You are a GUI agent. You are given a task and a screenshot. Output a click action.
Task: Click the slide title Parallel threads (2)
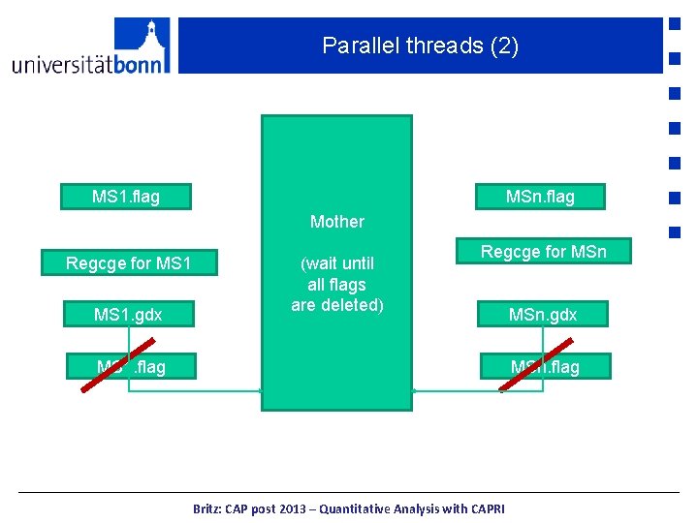point(420,46)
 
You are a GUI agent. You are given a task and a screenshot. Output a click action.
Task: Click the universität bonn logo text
point(90,64)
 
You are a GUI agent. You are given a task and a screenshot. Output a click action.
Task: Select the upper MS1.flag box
point(125,197)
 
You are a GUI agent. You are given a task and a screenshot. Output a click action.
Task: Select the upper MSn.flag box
point(540,197)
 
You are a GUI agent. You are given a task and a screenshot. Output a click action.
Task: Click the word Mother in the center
point(336,222)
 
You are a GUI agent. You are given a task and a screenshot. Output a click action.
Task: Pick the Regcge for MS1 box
point(128,263)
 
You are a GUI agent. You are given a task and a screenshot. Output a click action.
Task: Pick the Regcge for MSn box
point(543,252)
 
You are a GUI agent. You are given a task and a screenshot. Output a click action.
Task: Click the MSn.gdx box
point(543,315)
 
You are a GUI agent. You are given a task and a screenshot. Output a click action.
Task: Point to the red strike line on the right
point(535,364)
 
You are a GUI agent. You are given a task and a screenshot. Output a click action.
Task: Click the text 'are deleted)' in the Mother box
point(337,305)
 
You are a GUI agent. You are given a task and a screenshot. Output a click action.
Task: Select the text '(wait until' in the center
point(337,263)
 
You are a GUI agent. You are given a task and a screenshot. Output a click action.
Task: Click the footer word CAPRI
point(482,508)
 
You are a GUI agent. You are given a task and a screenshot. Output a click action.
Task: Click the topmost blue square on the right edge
point(673,22)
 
